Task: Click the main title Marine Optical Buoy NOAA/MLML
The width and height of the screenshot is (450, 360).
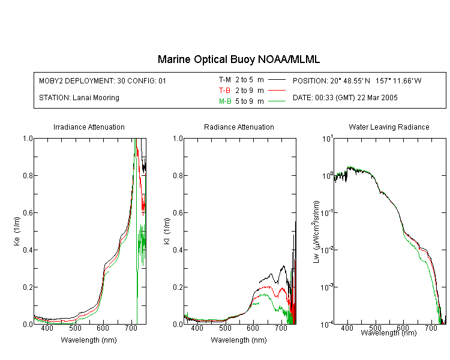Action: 238,59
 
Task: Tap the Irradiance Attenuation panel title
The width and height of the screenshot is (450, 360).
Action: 89,127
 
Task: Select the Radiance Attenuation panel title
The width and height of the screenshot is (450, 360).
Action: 239,127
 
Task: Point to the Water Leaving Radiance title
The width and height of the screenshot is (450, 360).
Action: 389,127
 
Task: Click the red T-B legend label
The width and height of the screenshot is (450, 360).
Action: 224,91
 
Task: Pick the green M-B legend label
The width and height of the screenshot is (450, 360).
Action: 225,101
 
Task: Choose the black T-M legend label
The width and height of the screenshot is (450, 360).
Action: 225,80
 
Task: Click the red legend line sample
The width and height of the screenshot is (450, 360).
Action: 277,91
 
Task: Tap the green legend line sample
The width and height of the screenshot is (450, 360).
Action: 277,101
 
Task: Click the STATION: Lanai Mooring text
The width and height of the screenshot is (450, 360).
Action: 79,98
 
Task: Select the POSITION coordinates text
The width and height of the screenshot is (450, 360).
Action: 357,80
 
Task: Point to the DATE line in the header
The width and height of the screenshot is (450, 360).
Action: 345,98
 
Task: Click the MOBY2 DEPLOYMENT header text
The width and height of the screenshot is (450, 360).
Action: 103,80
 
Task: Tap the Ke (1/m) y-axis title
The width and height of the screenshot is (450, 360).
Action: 17,232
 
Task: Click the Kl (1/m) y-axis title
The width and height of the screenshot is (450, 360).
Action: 167,232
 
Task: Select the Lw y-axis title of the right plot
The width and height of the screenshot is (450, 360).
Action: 316,232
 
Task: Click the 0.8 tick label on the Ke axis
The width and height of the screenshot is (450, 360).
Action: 28,175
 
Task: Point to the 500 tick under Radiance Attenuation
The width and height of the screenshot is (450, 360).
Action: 225,328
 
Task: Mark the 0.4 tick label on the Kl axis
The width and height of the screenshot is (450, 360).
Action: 178,250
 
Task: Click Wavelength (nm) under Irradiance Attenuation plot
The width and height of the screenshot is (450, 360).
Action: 89,340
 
